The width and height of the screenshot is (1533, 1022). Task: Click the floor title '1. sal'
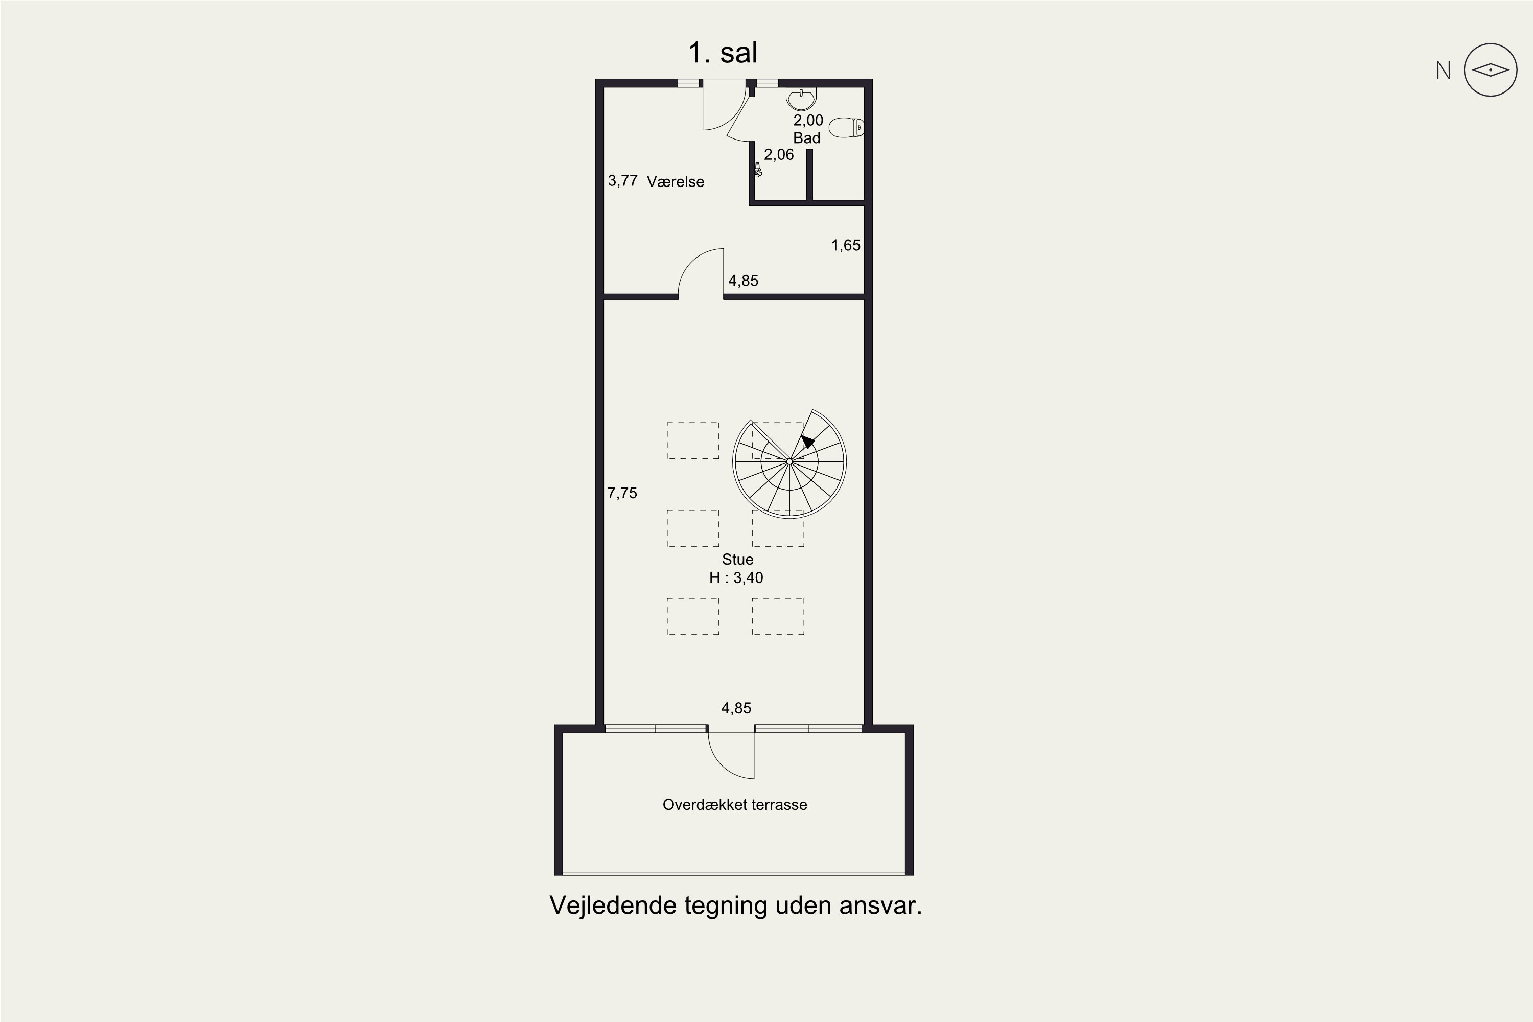click(723, 52)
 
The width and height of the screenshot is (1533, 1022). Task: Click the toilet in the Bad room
click(847, 128)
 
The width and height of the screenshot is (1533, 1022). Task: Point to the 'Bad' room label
click(806, 138)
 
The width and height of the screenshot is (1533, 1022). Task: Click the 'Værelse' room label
click(675, 182)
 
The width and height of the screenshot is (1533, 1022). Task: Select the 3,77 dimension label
click(622, 180)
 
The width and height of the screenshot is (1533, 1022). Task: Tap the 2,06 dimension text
click(779, 154)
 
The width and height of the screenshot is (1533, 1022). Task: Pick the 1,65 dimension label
click(845, 245)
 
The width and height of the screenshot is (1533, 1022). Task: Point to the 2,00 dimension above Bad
click(808, 120)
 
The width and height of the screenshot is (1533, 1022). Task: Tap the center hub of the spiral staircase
click(789, 461)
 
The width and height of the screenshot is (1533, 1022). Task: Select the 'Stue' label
click(737, 559)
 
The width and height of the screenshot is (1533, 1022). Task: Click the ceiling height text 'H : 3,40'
click(736, 577)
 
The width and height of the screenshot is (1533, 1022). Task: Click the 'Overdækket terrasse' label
click(735, 804)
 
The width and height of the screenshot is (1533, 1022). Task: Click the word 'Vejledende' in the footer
click(613, 905)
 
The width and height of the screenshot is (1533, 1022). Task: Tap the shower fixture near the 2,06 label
click(757, 170)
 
